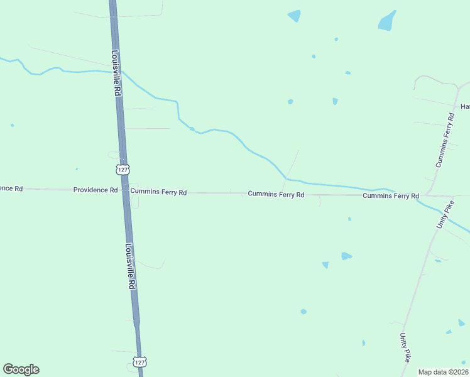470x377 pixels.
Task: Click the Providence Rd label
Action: coord(96,190)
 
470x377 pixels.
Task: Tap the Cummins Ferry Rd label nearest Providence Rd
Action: coord(158,192)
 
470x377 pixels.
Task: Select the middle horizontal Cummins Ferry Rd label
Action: coord(276,195)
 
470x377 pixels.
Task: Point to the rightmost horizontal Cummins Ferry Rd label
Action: coord(390,196)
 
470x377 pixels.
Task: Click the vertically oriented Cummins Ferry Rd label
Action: coord(445,140)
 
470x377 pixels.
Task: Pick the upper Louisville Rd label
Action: coord(117,73)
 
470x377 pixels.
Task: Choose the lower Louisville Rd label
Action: coord(131,266)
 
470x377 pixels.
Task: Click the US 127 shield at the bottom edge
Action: coord(139,362)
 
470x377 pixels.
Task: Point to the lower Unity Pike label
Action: coord(406,347)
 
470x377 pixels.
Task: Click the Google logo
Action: coord(21,369)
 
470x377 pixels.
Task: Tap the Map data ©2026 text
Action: coord(443,372)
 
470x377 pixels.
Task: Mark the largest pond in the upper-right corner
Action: coord(386,21)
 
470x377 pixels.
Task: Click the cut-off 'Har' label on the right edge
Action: coord(465,107)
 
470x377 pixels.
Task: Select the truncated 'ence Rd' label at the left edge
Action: coord(11,188)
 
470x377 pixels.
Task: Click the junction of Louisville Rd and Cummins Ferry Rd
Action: coord(125,190)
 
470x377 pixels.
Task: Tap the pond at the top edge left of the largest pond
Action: coord(294,16)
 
